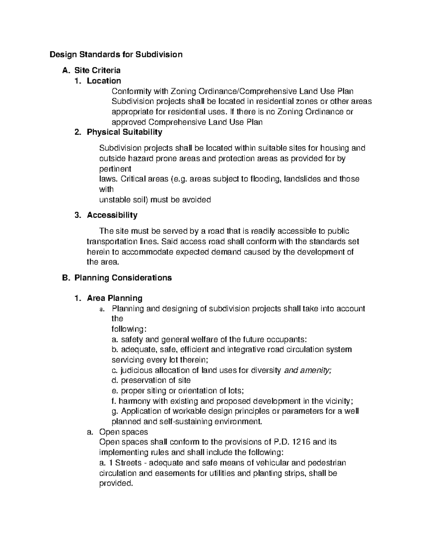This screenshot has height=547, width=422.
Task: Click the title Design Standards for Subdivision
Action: pos(116,55)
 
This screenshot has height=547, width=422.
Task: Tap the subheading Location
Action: pos(104,81)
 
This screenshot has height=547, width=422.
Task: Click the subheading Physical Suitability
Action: pos(124,132)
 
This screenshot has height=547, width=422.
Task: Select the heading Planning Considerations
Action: pos(123,278)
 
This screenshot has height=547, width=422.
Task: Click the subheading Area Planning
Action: pos(114,298)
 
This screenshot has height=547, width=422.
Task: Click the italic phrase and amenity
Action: pos(307,370)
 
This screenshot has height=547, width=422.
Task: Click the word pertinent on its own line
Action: pos(115,169)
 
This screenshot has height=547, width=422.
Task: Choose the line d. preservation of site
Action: pos(151,380)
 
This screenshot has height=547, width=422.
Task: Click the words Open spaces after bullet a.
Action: pos(123,432)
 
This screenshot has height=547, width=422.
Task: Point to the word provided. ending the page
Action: pos(116,483)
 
